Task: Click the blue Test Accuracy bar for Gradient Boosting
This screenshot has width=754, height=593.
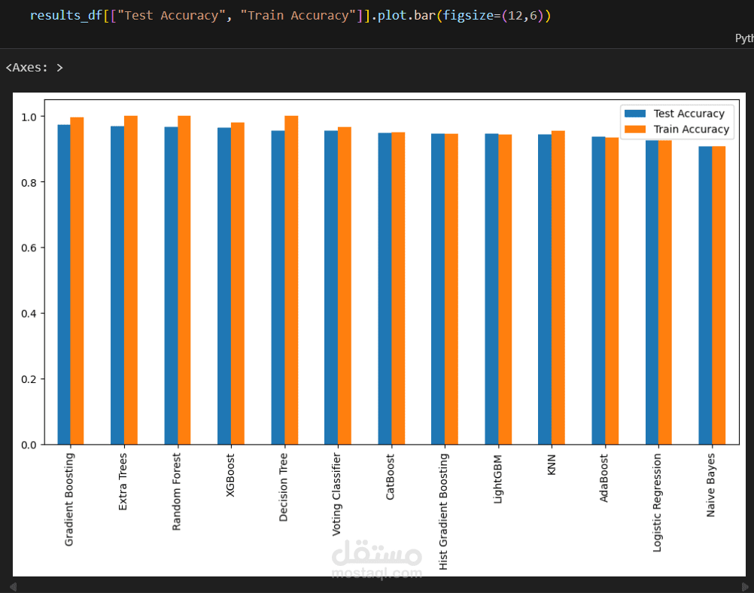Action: point(64,286)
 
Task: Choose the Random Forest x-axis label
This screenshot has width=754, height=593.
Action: point(178,491)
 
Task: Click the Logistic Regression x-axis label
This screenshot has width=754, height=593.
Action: point(658,503)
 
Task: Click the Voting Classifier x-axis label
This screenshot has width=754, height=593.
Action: point(337,494)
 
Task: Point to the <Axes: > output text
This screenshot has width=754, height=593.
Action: point(34,68)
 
